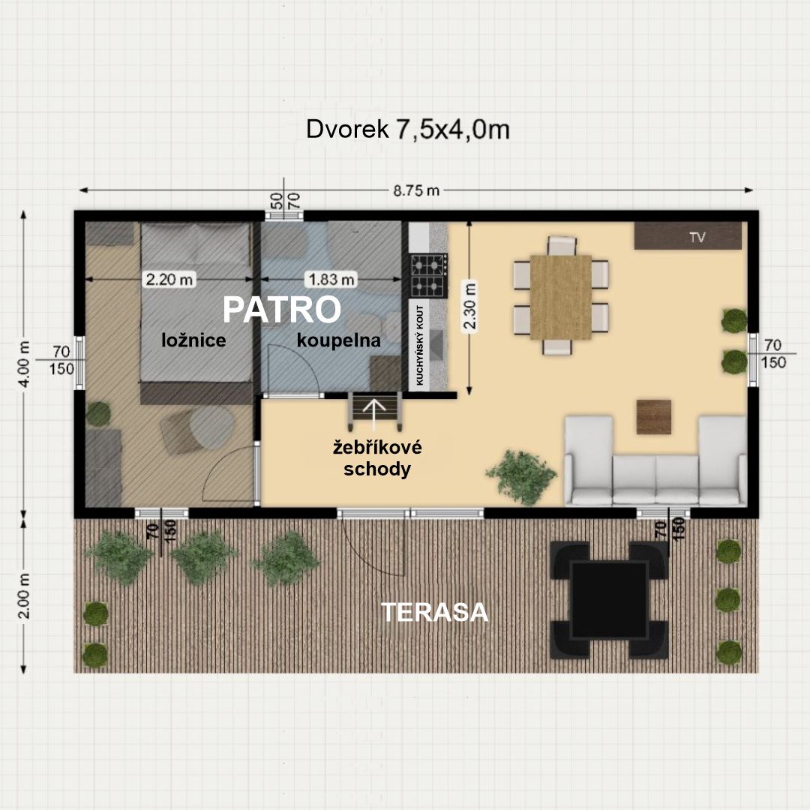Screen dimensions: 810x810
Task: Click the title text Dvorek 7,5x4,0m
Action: point(407,129)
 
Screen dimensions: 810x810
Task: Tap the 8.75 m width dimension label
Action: point(415,190)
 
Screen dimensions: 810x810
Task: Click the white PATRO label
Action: point(281,310)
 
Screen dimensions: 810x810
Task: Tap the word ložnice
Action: point(193,340)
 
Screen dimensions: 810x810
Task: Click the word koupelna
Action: point(338,340)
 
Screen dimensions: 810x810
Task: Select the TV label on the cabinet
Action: point(697,237)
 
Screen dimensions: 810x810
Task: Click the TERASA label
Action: point(434,612)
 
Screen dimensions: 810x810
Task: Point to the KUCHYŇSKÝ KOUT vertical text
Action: point(419,345)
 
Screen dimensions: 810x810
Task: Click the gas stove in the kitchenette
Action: point(429,276)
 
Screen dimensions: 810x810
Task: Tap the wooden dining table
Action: point(560,298)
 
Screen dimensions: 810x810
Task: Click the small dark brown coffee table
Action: point(653,416)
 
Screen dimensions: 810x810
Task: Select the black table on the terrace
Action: point(609,600)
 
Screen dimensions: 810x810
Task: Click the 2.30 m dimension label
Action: point(470,306)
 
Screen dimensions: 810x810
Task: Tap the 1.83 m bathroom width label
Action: point(331,280)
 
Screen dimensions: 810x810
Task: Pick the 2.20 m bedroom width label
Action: point(169,280)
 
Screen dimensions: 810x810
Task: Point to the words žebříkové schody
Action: point(377,458)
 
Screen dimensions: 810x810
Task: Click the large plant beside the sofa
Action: point(522,476)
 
